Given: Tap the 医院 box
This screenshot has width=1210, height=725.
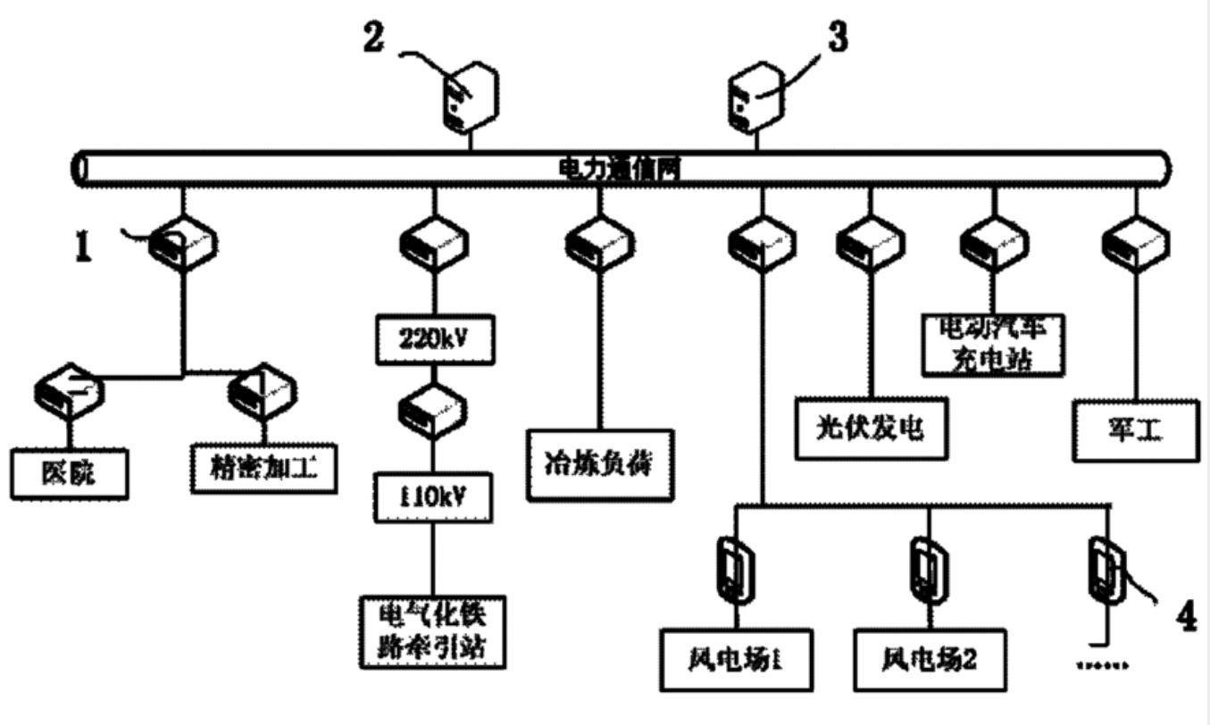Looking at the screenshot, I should point(71,473).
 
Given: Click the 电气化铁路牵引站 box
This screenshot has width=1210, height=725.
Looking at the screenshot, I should point(432,629).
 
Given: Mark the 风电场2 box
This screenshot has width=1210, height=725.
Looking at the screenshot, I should point(926,662).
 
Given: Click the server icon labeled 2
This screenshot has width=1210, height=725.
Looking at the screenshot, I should point(469,96).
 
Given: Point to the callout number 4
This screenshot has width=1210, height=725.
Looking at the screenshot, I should point(1185,615).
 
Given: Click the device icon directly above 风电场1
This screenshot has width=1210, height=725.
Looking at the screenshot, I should point(737,568).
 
